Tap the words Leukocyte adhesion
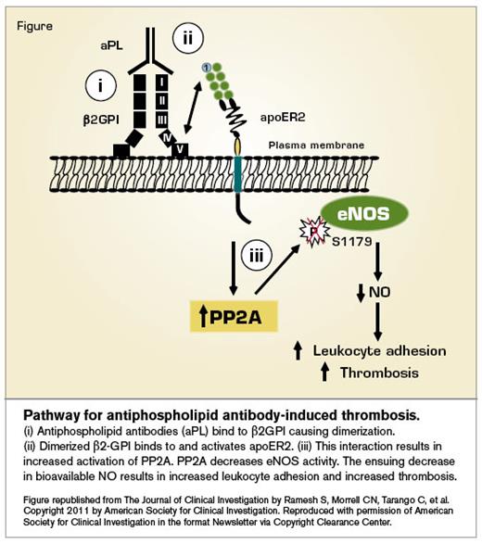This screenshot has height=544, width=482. tap(379, 350)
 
